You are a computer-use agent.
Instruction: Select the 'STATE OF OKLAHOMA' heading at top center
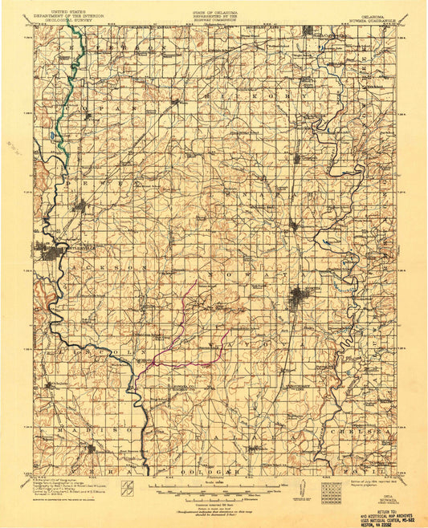[x=214, y=5]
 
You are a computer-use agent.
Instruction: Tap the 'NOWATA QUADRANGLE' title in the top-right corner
[x=358, y=9]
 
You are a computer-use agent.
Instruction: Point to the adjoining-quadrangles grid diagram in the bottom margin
[x=330, y=489]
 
